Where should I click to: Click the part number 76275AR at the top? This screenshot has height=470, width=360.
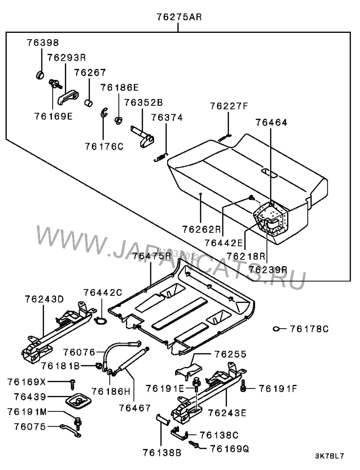click(x=179, y=18)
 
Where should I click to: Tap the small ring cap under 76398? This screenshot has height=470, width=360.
click(x=40, y=74)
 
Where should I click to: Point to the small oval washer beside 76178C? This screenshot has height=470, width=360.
click(x=276, y=329)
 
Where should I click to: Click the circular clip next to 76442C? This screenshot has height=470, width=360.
click(x=101, y=321)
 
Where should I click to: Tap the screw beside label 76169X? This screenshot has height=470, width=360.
click(x=71, y=384)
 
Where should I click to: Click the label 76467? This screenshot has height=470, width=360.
click(x=135, y=407)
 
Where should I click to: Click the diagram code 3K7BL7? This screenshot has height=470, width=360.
click(x=330, y=456)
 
